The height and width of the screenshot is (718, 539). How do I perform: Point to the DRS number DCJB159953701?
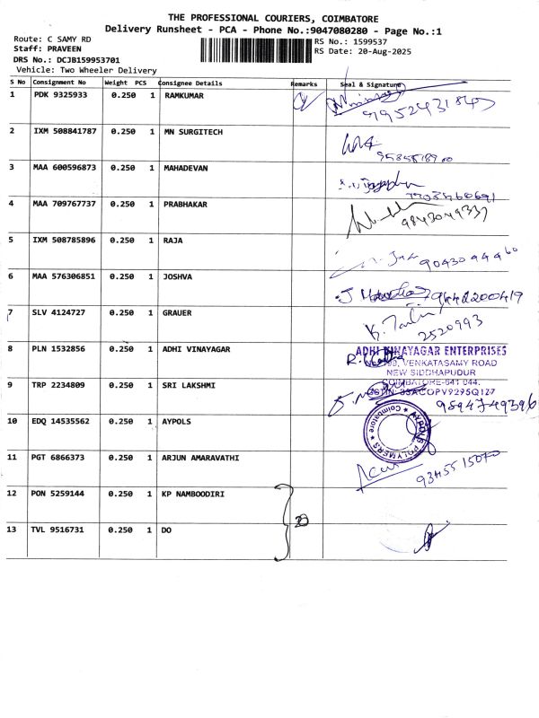tap(75, 59)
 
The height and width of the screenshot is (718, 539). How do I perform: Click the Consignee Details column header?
tap(190, 83)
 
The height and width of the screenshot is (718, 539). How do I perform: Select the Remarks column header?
tap(305, 83)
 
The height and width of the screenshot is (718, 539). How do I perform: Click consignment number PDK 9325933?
tap(60, 94)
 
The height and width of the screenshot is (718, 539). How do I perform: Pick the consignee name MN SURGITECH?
tap(193, 131)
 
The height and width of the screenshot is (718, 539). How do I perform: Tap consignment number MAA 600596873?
tap(64, 167)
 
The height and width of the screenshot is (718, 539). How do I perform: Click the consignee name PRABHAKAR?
tap(185, 204)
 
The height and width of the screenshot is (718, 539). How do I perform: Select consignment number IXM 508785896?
tap(64, 240)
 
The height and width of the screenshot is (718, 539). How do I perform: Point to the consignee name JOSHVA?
tap(178, 276)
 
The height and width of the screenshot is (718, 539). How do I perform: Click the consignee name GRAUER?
tap(178, 312)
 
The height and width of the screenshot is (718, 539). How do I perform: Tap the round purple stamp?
tap(392, 429)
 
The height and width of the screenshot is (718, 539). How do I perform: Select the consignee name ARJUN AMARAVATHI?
tap(200, 458)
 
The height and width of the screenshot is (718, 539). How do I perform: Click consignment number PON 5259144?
tap(60, 494)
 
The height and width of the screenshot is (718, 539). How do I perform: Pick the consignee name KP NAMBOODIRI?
tap(193, 494)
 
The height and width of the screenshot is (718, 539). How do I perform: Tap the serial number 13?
tap(13, 530)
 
